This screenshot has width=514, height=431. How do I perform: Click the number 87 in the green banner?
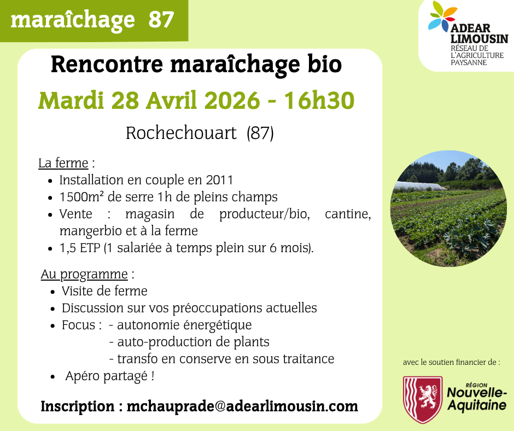(161, 20)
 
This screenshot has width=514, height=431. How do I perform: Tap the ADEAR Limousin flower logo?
(442, 16)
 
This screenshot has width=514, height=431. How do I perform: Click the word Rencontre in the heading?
(107, 65)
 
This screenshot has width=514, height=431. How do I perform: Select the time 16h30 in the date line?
(319, 100)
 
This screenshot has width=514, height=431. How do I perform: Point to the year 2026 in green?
(232, 100)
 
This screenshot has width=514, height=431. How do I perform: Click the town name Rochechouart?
(181, 133)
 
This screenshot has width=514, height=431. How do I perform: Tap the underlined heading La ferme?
(63, 163)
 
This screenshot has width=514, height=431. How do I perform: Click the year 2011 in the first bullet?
(219, 180)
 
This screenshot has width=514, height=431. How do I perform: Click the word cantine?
(348, 214)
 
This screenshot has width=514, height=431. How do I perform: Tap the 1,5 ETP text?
(80, 248)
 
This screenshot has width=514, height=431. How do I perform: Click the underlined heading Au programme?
(84, 275)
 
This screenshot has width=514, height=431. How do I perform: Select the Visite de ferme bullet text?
(104, 291)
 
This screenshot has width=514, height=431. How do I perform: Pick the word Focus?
(79, 325)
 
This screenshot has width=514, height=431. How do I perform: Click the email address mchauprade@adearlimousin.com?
(242, 406)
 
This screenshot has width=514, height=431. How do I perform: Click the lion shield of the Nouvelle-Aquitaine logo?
(423, 399)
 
